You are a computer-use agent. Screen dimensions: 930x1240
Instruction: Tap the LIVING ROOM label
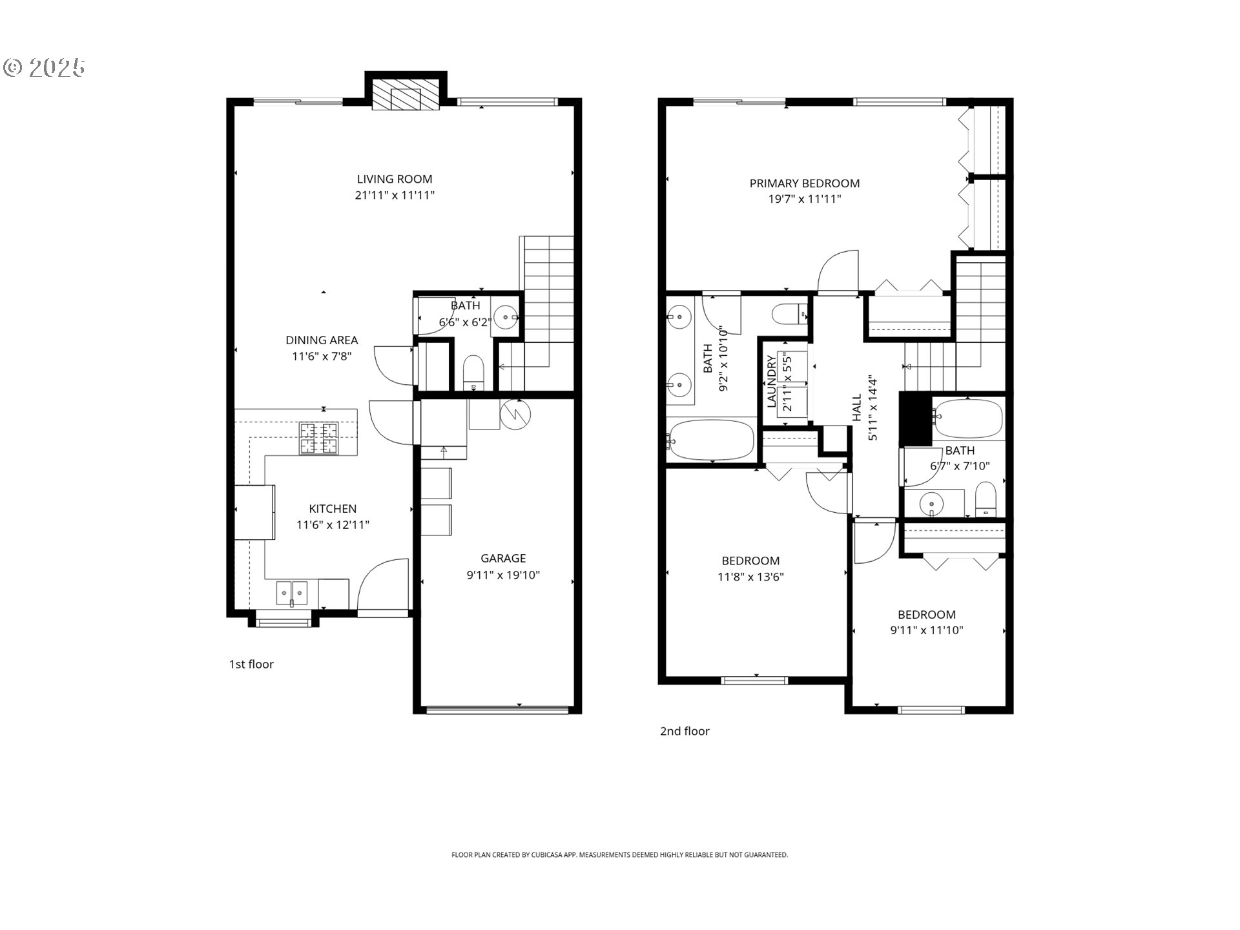(395, 180)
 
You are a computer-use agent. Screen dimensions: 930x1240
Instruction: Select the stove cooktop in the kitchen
(318, 438)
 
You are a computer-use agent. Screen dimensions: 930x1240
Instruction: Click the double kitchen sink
(292, 592)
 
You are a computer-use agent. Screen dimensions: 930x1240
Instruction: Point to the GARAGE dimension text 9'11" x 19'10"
(503, 575)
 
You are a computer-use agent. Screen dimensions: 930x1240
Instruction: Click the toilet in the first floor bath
(474, 372)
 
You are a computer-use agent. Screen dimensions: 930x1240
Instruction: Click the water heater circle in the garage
(515, 415)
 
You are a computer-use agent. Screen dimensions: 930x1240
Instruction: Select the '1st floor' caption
(251, 664)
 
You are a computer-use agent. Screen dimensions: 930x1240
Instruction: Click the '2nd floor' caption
(685, 731)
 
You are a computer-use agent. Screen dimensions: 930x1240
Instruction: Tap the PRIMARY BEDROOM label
(804, 183)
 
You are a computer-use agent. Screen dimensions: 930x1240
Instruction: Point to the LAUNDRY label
(771, 382)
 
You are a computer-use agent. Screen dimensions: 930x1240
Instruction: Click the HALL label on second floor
(857, 408)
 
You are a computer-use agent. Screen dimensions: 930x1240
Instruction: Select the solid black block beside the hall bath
(915, 419)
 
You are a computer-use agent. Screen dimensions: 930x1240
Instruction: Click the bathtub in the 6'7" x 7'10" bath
(968, 418)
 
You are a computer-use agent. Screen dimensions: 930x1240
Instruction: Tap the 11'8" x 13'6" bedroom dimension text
(750, 577)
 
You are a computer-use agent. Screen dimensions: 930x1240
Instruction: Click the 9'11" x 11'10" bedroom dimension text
(926, 630)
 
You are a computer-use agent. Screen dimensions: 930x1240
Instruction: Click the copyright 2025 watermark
(45, 68)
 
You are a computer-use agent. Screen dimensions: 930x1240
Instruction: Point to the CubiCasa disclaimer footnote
(619, 854)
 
